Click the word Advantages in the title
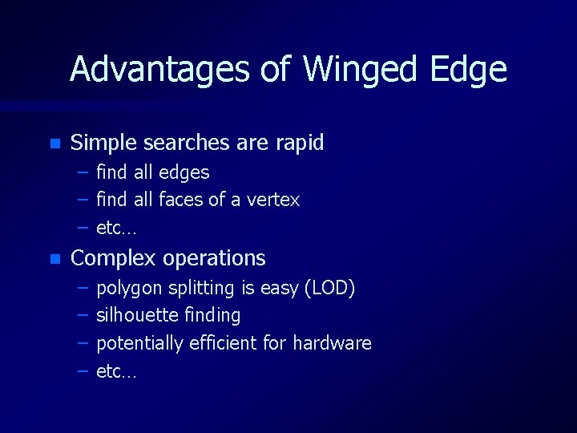click(x=159, y=71)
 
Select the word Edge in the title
click(x=468, y=71)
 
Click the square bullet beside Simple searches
click(x=54, y=144)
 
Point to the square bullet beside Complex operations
click(x=54, y=259)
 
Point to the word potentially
click(x=139, y=344)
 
